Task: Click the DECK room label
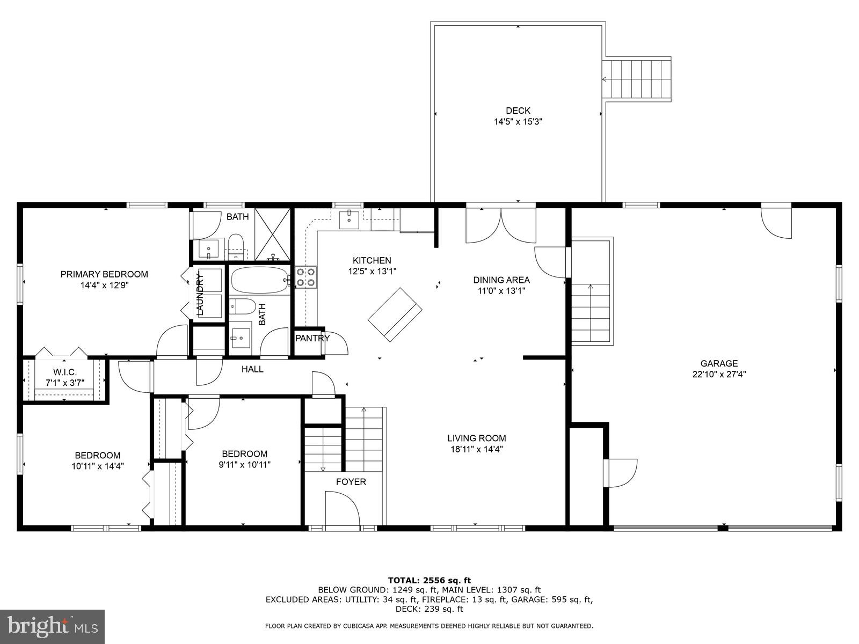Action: tap(518, 111)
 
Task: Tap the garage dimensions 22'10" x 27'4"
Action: tap(719, 375)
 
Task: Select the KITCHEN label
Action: tap(372, 260)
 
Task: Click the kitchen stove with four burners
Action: tap(306, 277)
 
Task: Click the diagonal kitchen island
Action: tap(395, 314)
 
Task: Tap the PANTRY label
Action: tap(312, 338)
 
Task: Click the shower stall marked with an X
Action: tap(272, 235)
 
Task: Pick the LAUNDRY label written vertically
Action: tap(200, 294)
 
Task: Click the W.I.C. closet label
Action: tap(65, 372)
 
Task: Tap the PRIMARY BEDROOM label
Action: tap(104, 274)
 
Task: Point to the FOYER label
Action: tap(351, 482)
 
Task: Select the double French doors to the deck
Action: tap(501, 225)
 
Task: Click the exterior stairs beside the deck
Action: tap(637, 79)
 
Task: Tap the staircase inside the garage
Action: tap(591, 311)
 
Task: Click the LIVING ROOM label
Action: tap(477, 438)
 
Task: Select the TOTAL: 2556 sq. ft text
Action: tap(429, 580)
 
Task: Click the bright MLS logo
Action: tap(53, 627)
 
